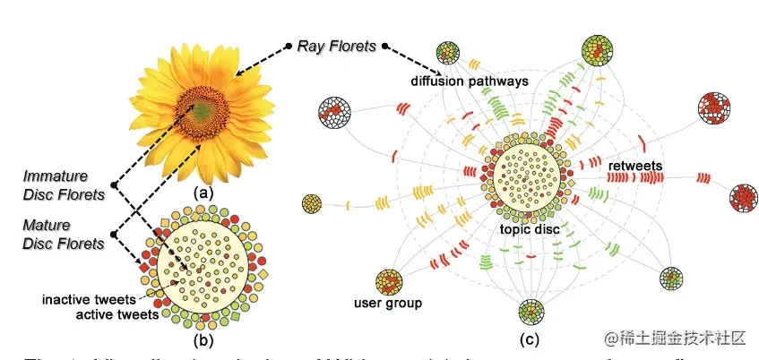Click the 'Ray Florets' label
point(338,46)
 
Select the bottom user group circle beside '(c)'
point(530,313)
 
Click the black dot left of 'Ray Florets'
point(289,44)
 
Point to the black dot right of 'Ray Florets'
point(385,46)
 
